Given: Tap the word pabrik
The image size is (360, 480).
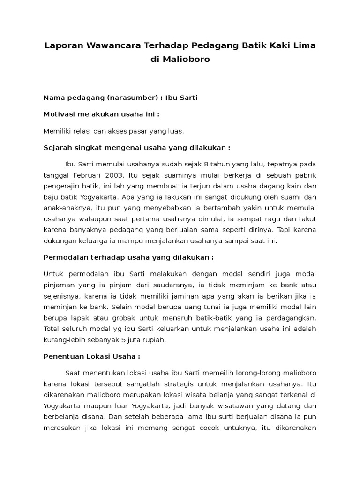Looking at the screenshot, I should coord(306,175).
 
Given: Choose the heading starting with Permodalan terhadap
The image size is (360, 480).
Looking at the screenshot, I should coord(128,257).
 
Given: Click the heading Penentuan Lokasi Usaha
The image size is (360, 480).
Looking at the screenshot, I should coord(85,356).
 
